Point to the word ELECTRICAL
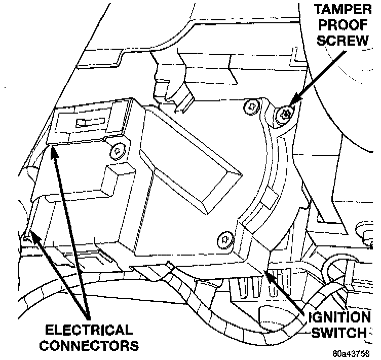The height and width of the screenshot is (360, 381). tap(89, 330)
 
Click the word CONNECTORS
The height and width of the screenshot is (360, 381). tap(89, 346)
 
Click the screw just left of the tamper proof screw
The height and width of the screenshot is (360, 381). tap(249, 106)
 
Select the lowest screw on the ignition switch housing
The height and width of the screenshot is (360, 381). tap(223, 239)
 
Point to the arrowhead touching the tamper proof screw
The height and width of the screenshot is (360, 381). tap(290, 109)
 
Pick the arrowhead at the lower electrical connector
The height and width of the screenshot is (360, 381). tap(30, 235)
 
